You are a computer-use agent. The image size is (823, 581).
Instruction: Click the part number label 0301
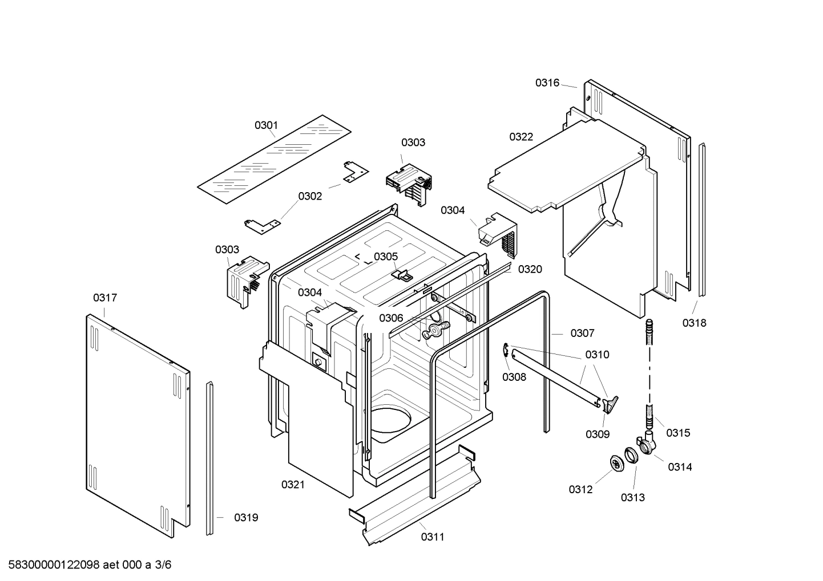[x=266, y=125]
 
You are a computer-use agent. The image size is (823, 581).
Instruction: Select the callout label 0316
[x=547, y=83]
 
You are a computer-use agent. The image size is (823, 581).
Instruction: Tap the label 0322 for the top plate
[x=521, y=136]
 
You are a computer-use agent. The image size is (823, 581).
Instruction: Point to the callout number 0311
[x=433, y=537]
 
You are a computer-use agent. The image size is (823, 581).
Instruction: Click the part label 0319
[x=246, y=518]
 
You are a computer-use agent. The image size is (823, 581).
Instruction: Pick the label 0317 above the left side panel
[x=105, y=298]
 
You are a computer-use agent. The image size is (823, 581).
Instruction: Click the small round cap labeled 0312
[x=616, y=464]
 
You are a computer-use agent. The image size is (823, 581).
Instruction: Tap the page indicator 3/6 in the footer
[x=163, y=565]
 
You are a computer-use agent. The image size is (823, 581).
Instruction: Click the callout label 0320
[x=530, y=269]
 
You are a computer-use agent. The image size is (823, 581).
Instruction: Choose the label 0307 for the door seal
[x=582, y=333]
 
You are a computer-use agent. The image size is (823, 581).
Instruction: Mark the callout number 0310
[x=597, y=355]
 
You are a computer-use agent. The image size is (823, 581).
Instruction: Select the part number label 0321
[x=292, y=485]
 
